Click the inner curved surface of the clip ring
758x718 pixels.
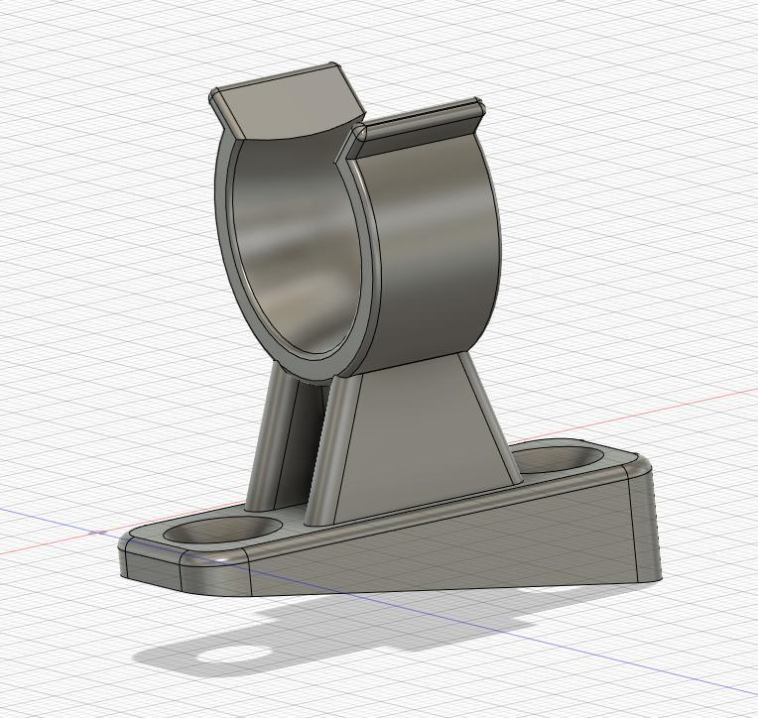[288, 248]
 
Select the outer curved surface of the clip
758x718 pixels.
[437, 248]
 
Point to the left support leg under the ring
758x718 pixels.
[274, 446]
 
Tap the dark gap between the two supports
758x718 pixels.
[308, 436]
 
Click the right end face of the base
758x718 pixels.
[645, 526]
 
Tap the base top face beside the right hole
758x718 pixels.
[615, 464]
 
